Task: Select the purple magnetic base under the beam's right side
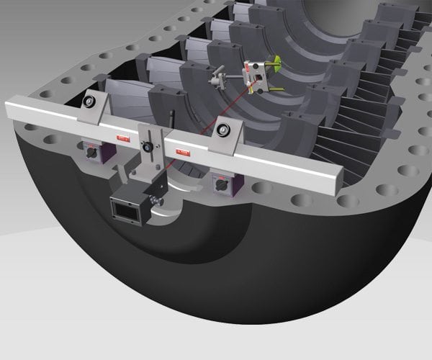(x=218, y=184)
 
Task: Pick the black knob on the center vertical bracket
(x=148, y=147)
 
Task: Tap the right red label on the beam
(x=183, y=152)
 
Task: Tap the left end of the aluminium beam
(x=10, y=112)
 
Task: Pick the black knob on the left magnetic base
(x=93, y=152)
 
